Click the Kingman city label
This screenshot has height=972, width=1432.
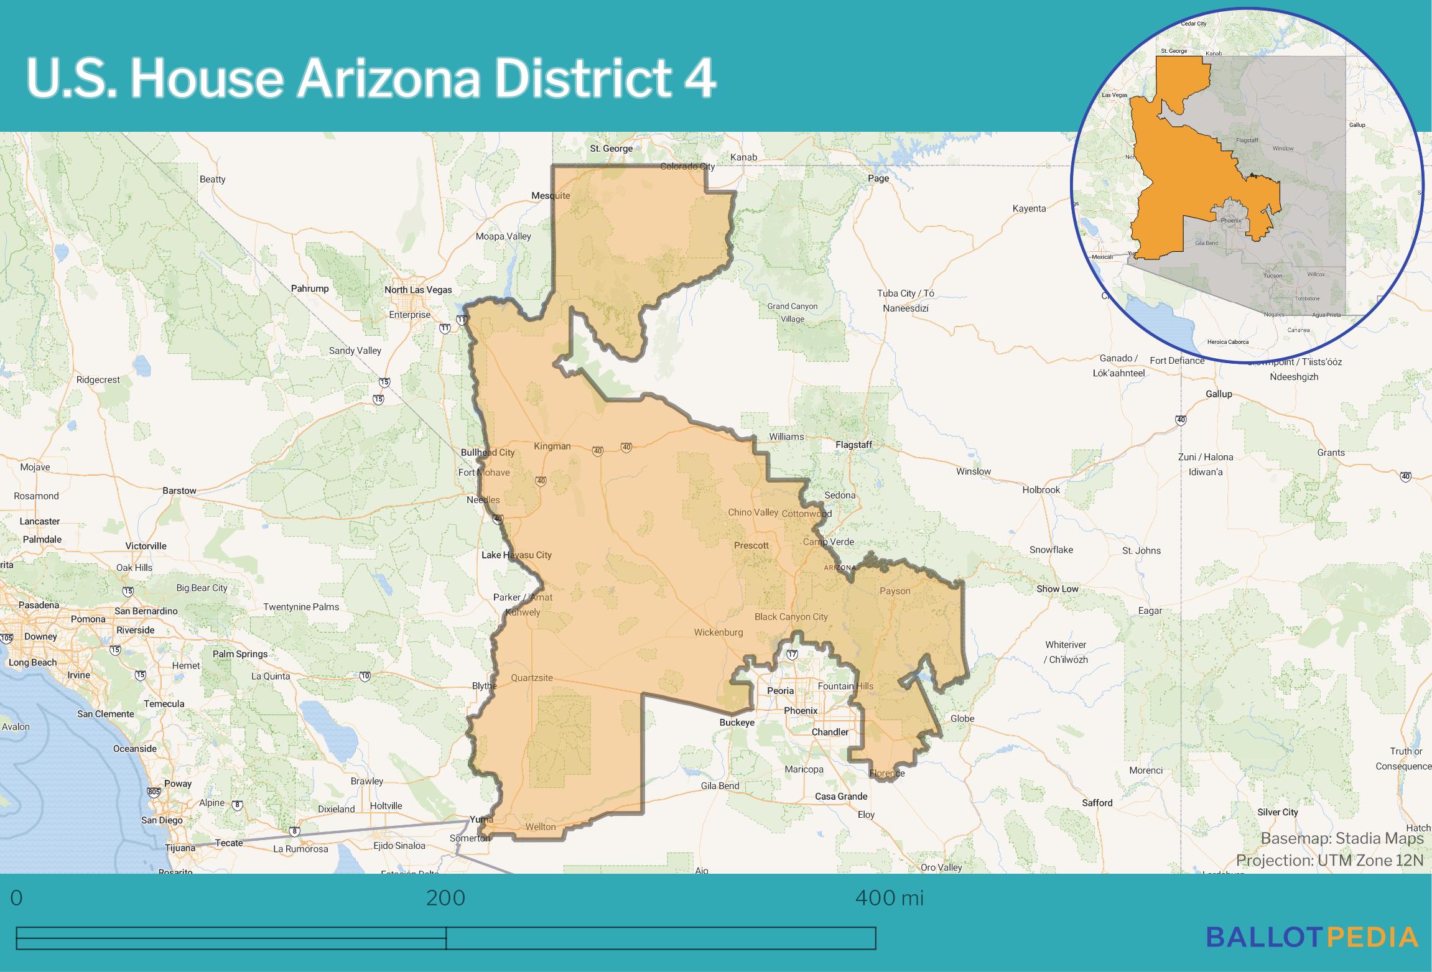coord(552,446)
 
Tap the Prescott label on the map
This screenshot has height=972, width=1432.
coord(751,545)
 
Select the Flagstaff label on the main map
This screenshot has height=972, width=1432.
coord(853,445)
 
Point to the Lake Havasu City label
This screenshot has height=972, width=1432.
coord(516,555)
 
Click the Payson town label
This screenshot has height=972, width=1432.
coord(895,591)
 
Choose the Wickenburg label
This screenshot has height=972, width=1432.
coord(718,632)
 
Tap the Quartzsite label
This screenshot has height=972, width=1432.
coord(532,678)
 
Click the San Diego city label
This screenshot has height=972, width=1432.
coord(162,820)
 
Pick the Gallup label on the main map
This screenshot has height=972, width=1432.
coord(1219,394)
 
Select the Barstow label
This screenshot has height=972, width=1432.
coord(179,491)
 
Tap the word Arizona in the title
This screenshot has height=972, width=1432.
coord(389,79)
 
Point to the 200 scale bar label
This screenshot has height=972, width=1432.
coord(445,898)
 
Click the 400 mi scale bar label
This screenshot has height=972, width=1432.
coord(890,898)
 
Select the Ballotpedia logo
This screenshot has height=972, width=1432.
coord(1313,937)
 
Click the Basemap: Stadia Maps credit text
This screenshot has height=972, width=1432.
coord(1342,838)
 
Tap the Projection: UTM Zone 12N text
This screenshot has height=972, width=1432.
coord(1329,860)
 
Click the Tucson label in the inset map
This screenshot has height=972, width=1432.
coord(1272,275)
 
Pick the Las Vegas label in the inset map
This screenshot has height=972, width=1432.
coord(1115,95)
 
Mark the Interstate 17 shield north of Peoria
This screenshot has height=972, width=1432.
coord(792,654)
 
